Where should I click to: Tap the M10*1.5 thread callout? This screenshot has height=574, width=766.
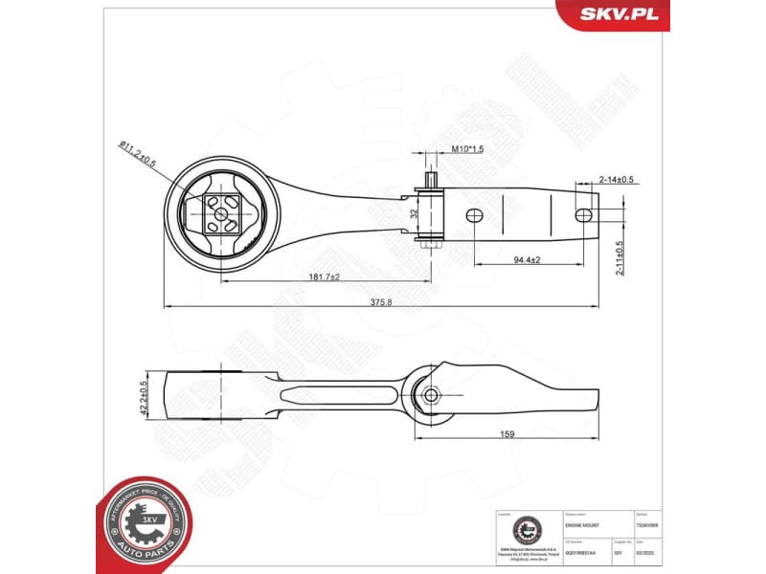click(466, 149)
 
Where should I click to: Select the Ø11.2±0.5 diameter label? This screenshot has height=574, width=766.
click(142, 154)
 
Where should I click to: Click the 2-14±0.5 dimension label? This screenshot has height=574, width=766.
click(616, 180)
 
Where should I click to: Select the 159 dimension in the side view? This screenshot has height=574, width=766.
click(507, 434)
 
